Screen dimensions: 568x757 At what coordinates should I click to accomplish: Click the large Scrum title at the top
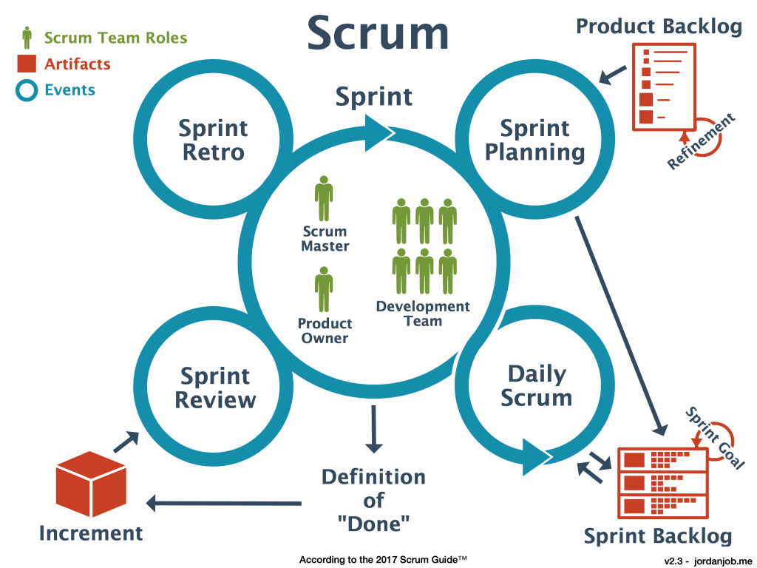pos(378,34)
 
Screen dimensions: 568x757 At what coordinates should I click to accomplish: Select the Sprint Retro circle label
pos(213,140)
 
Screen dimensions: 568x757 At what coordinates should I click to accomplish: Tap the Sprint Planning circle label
pos(534,140)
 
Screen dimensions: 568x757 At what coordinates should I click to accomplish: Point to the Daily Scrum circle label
pos(536,385)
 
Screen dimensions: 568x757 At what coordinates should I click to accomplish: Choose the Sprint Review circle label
pos(215,388)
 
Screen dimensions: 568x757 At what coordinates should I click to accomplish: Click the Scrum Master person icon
pos(324,198)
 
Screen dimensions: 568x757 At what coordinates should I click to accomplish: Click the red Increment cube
pos(91,484)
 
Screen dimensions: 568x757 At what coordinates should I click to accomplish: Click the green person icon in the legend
pos(27,37)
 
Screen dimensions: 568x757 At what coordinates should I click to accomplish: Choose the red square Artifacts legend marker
pos(27,64)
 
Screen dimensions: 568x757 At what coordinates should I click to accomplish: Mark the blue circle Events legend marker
pos(27,91)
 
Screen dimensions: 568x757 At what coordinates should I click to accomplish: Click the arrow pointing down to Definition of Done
pos(374,429)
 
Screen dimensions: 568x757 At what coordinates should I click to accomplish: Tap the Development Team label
pos(423,314)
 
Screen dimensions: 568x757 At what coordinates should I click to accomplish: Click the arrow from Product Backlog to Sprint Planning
pos(613,74)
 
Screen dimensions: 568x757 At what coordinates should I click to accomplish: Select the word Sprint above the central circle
pos(374,97)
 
